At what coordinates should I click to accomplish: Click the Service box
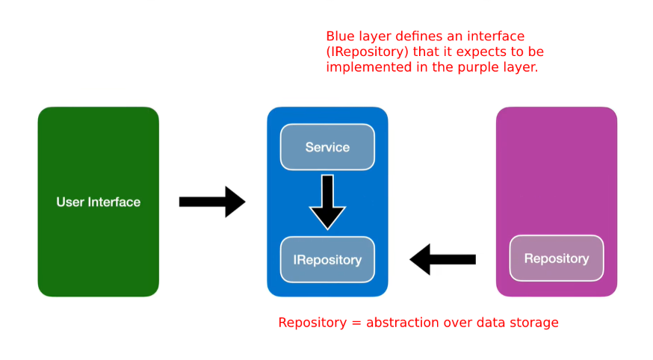coord(327,147)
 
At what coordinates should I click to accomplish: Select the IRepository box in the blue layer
coord(327,260)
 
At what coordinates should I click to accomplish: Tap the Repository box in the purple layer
coord(557,258)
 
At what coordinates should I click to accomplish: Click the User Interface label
coord(99,202)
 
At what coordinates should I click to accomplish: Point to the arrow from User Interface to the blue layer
coord(212,202)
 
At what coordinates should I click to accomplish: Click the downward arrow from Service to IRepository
coord(327,202)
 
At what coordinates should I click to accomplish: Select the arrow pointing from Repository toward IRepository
coord(443,259)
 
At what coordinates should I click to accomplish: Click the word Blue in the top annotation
coord(338,36)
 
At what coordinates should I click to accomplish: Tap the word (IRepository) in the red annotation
coord(368,52)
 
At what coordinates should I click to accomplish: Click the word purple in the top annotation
coord(478,68)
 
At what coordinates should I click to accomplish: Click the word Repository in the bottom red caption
coord(312,323)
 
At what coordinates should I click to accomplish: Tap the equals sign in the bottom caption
coord(356,323)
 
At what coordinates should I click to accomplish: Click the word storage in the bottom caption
coord(534,323)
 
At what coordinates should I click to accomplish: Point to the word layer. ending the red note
coord(520,68)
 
